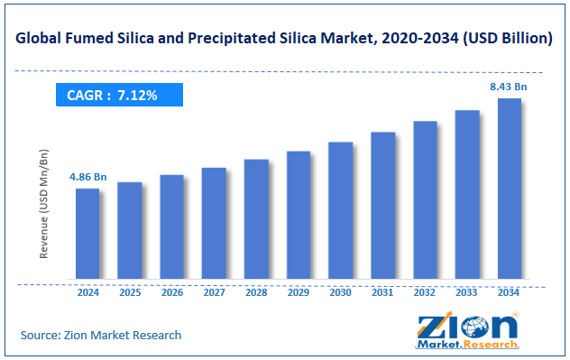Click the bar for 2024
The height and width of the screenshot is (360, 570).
point(87,234)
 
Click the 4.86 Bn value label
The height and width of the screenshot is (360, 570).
point(87,178)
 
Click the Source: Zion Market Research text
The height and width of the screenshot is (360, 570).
point(101,335)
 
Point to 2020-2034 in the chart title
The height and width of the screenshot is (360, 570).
point(417,40)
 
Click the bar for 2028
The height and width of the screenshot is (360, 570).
point(256,219)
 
